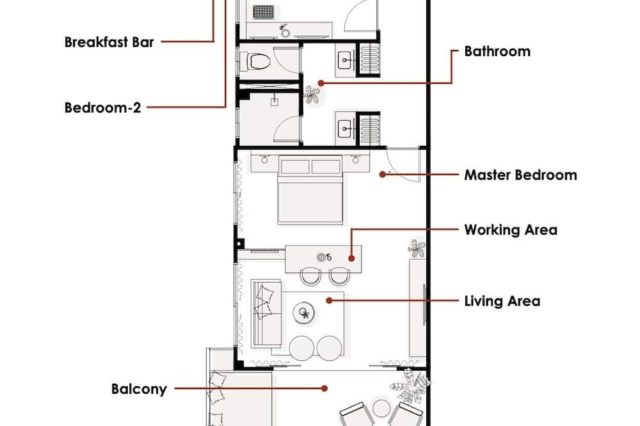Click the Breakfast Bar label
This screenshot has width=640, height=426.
coord(109,42)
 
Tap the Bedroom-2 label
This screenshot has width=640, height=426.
coord(102,107)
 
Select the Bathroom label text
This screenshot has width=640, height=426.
coord(497,51)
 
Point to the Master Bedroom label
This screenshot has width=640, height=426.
coord(520,175)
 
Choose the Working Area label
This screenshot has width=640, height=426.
coord(511,230)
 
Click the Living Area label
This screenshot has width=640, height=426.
coord(502,301)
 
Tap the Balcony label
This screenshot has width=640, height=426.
coord(139,389)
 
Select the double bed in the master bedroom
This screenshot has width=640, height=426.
coord(310,190)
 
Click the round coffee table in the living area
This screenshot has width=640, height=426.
coord(303,313)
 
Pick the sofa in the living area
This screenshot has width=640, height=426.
coord(266,313)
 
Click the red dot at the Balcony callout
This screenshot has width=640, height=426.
coord(324,388)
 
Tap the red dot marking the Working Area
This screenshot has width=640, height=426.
coord(351,258)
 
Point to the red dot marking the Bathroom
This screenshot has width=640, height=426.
coord(321,83)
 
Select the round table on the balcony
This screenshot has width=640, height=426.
coord(381,408)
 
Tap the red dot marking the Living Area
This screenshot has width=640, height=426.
coord(329,301)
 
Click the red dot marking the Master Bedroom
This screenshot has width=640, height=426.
coord(383,175)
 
